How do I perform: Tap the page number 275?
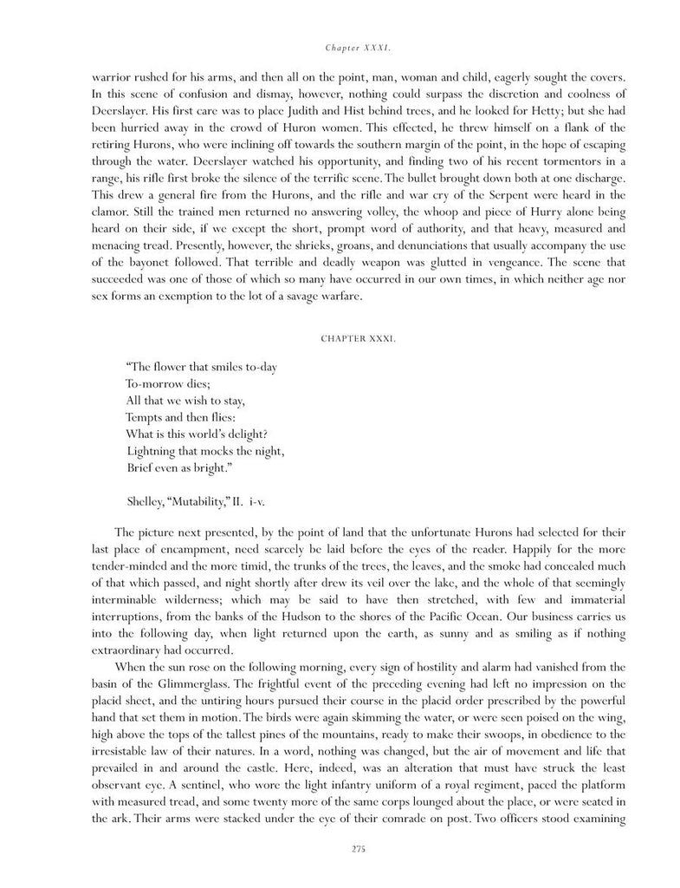click(340, 849)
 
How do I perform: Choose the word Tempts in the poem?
click(144, 418)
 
